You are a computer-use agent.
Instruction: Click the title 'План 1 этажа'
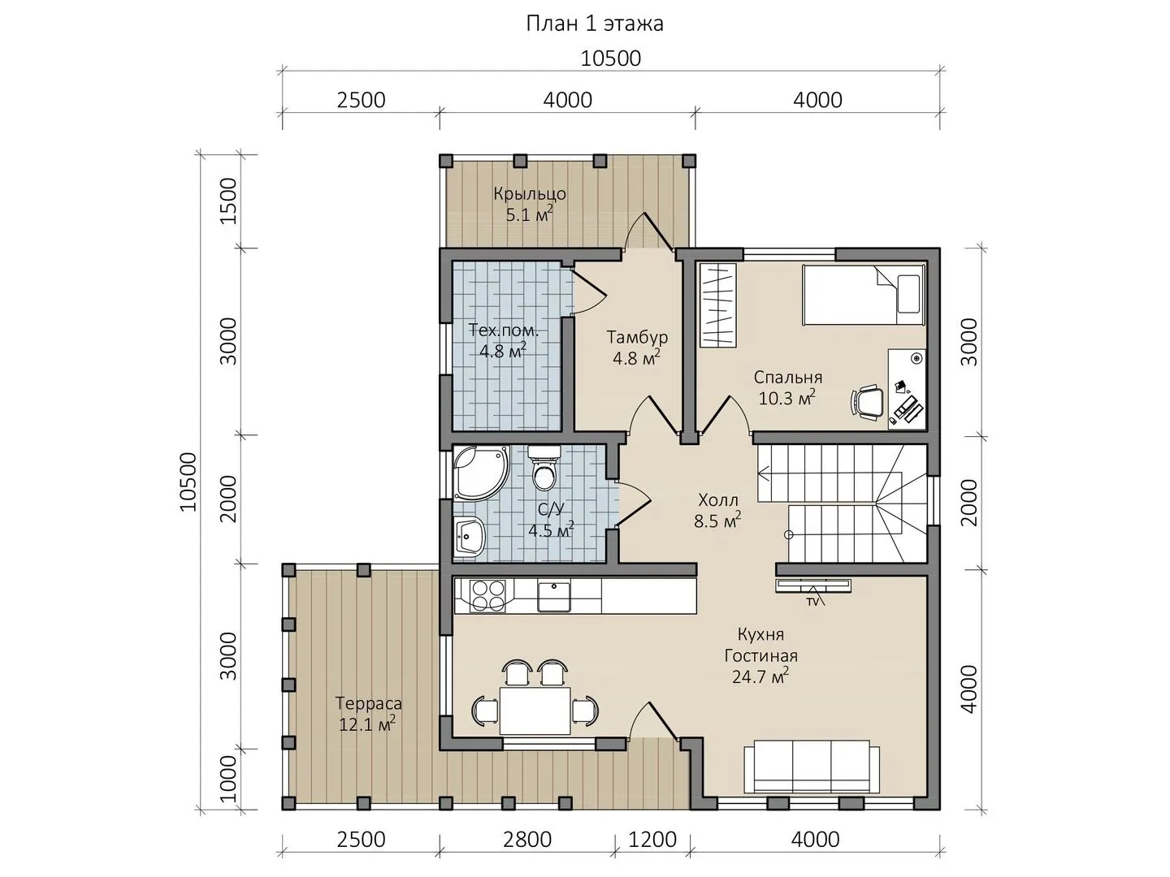coord(595,24)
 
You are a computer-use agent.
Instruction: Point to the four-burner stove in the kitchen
coord(487,595)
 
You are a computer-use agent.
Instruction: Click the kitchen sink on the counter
coord(553,596)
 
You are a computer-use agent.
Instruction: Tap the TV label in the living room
coord(812,603)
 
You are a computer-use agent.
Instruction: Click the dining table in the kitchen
coord(535,711)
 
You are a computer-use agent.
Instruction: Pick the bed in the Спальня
coord(864,295)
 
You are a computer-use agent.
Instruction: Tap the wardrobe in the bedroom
coord(717,305)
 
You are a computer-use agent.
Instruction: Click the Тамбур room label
coord(637,337)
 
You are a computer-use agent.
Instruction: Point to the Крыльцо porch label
coord(529,194)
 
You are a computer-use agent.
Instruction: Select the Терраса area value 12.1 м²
coord(367,724)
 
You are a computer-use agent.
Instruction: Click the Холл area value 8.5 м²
coord(717,521)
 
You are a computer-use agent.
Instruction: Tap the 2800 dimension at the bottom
coord(526,840)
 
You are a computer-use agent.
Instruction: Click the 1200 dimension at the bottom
coord(652,840)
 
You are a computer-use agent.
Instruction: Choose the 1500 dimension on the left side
coord(228,201)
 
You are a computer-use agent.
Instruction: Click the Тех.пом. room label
coord(504,330)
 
